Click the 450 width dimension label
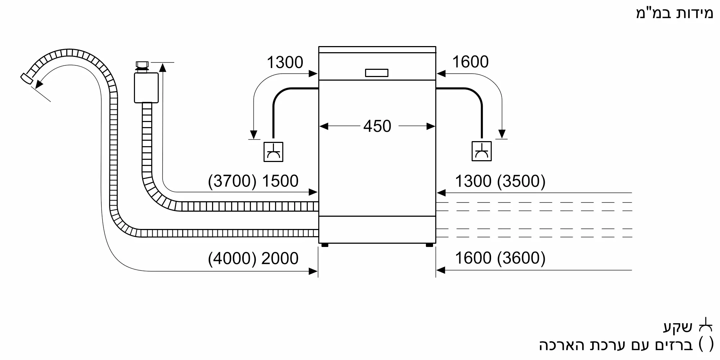377,126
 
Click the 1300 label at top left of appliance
285,63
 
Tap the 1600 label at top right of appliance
470,62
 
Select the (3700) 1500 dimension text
253,181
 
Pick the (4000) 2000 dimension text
253,258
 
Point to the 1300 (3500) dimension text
500,181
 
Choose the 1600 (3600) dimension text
500,258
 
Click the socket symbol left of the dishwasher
273,152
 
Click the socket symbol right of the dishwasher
481,151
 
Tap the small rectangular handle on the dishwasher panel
377,73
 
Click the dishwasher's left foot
325,245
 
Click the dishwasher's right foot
429,245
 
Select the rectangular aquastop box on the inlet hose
146,87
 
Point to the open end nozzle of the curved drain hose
26,78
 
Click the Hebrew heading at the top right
674,13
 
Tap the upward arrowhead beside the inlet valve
163,67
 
